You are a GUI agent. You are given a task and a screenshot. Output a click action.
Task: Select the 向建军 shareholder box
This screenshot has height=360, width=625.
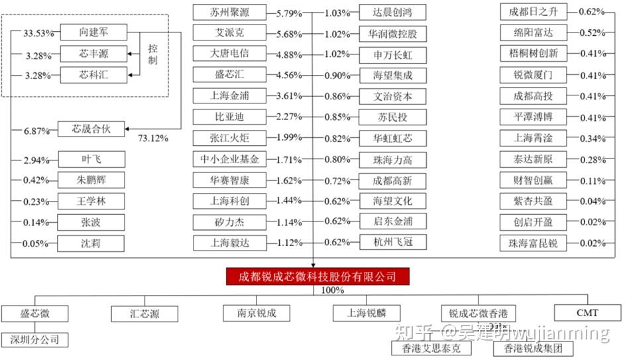click(93, 32)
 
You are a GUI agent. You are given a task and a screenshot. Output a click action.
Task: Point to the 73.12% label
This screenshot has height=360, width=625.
click(153, 139)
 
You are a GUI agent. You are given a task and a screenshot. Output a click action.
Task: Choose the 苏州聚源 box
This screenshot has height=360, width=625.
click(230, 12)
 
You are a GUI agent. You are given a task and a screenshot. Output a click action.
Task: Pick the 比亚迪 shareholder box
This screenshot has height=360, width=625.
click(230, 117)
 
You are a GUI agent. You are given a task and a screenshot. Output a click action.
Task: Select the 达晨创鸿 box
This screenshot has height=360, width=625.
click(392, 12)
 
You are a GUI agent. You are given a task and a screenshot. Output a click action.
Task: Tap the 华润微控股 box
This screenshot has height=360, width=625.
click(392, 33)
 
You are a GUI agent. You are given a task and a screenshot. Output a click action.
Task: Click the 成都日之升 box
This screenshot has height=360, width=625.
click(534, 11)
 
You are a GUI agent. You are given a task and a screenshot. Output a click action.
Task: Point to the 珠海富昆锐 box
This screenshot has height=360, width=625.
click(534, 243)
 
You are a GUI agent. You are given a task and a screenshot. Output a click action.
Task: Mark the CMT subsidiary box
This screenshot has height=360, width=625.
click(587, 312)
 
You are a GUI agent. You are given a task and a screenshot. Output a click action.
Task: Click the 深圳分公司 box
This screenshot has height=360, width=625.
click(35, 340)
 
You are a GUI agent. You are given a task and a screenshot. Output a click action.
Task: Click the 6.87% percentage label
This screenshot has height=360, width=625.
click(37, 131)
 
